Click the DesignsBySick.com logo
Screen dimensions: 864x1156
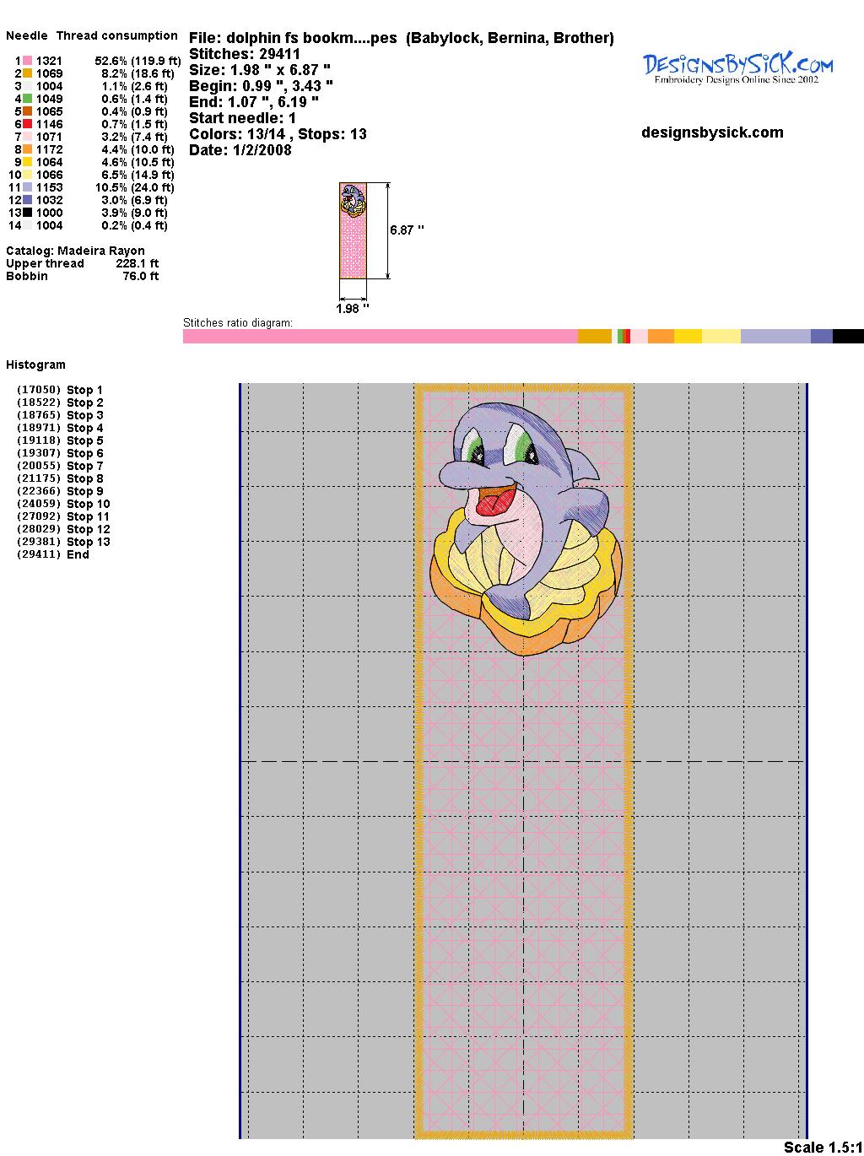[737, 68]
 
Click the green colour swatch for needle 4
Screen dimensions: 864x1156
[27, 99]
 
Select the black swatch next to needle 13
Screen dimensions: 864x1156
[27, 213]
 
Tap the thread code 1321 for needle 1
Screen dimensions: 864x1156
[49, 61]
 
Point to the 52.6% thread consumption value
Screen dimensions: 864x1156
[111, 61]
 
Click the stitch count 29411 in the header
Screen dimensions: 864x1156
[279, 54]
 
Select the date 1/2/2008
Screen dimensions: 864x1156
[262, 150]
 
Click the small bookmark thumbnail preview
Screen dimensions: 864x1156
[353, 230]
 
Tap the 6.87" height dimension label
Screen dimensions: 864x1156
[407, 230]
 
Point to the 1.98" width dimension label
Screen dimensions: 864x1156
[353, 308]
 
